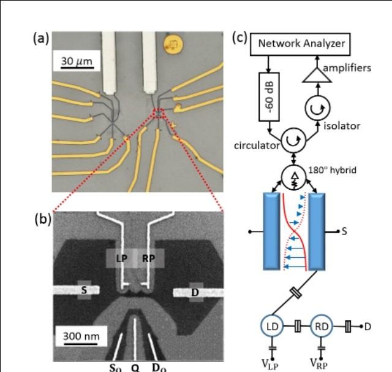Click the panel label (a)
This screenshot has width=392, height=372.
pos(42,38)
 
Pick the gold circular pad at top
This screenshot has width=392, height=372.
pos(173,44)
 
